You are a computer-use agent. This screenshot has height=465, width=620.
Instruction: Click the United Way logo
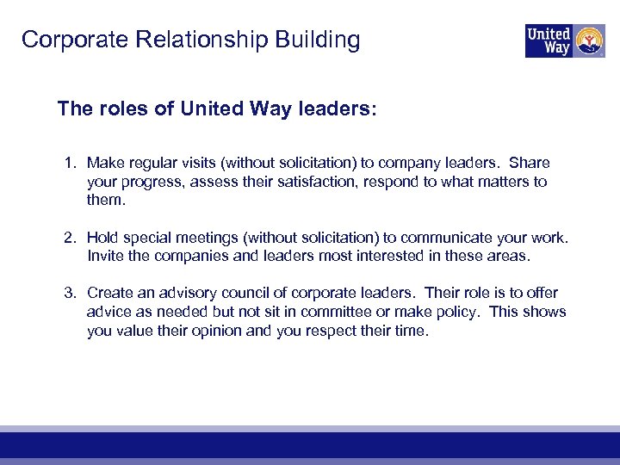565,40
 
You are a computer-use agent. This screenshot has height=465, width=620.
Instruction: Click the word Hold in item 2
102,237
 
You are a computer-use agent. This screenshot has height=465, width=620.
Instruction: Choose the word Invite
105,256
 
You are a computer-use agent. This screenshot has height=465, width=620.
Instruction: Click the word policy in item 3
455,312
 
